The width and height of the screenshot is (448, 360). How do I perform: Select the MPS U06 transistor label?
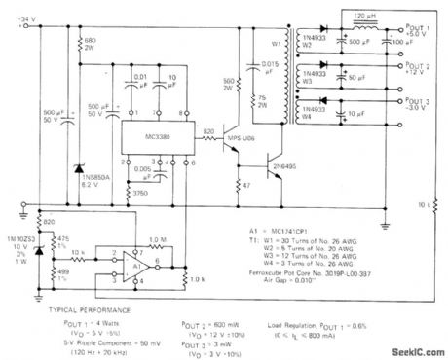click(243, 142)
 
